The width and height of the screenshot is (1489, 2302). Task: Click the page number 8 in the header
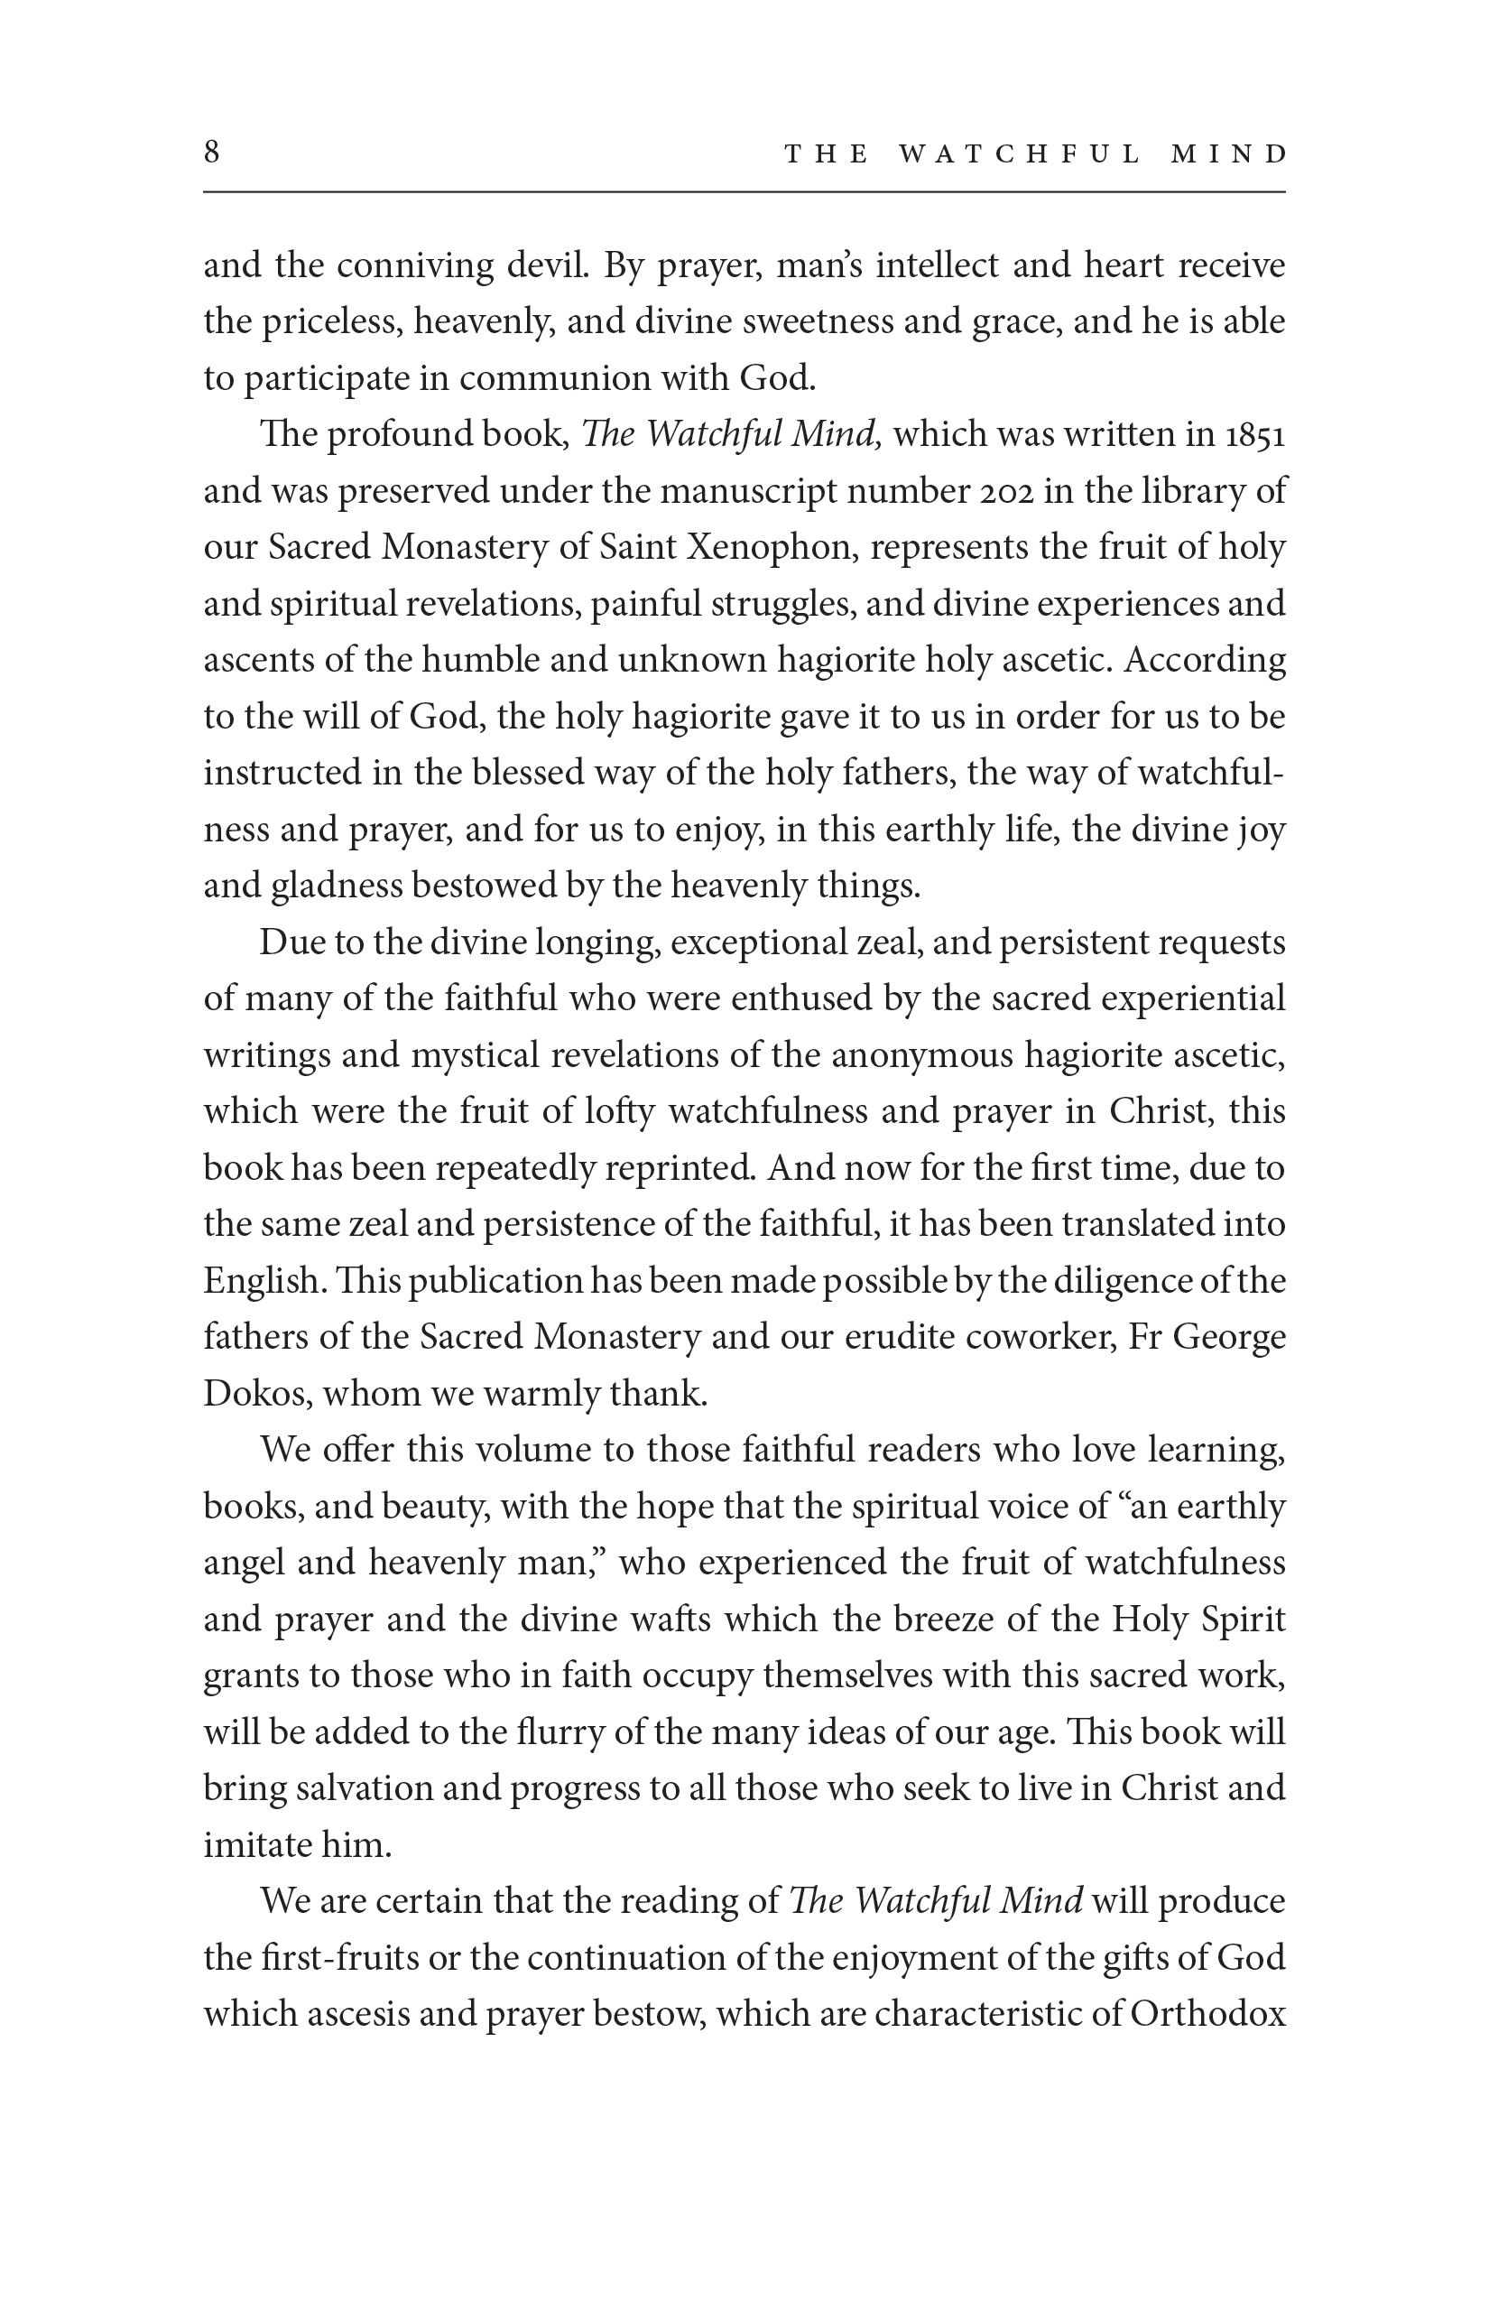point(212,152)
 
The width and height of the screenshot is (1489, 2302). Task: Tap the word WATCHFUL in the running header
point(1019,153)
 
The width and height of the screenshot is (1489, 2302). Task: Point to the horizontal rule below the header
point(744,192)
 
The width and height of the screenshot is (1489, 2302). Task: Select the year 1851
point(1255,435)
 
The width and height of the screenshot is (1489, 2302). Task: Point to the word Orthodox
point(1207,2014)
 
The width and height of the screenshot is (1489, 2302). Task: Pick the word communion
point(554,378)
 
